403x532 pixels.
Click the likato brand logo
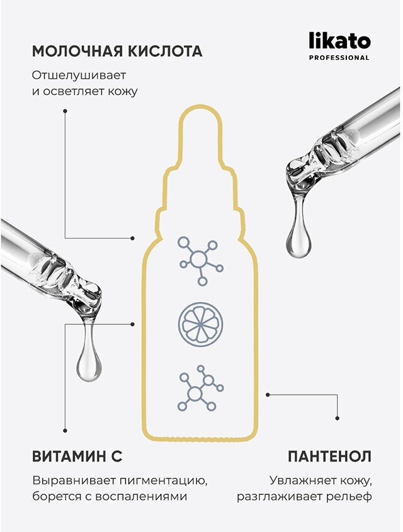click(339, 42)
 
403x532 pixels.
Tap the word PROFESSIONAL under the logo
click(339, 58)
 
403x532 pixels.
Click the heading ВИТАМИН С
click(77, 456)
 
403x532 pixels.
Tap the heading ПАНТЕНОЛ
click(329, 456)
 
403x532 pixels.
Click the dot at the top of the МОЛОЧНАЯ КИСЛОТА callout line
click(65, 111)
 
